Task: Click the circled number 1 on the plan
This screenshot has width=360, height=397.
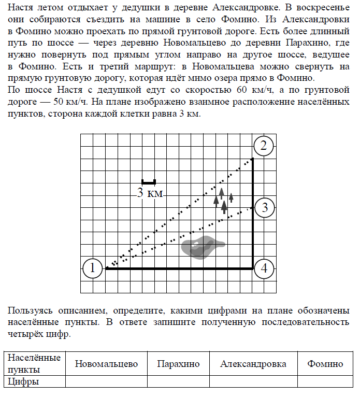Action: pyautogui.click(x=92, y=268)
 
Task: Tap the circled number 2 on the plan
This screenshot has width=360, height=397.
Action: pyautogui.click(x=264, y=146)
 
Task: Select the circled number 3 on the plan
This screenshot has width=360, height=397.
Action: pyautogui.click(x=264, y=208)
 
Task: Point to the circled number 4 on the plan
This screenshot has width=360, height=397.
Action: pyautogui.click(x=264, y=268)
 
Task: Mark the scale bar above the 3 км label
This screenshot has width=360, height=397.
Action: pyautogui.click(x=149, y=182)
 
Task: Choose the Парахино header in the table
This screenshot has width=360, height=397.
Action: pyautogui.click(x=178, y=364)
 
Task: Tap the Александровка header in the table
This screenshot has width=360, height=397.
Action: pyautogui.click(x=253, y=364)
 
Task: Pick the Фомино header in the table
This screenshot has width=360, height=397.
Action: pyautogui.click(x=325, y=364)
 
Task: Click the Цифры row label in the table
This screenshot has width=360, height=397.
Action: pyautogui.click(x=24, y=382)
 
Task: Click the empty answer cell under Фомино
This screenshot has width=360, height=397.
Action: pyautogui.click(x=325, y=382)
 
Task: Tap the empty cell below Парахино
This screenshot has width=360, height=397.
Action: pyautogui.click(x=178, y=382)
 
